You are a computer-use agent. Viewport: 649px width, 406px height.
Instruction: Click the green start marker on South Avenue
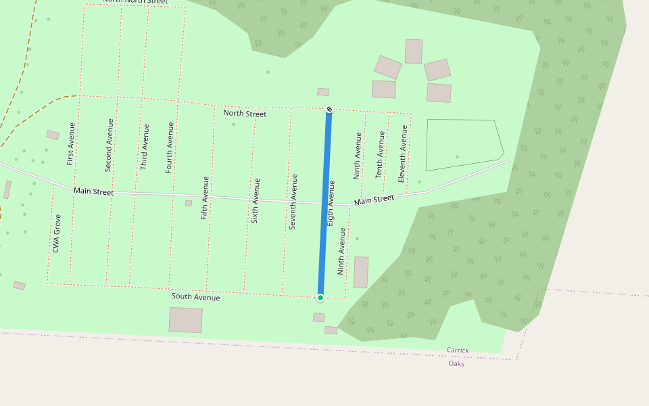coord(320,297)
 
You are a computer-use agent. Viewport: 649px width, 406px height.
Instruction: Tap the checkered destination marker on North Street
coord(329,110)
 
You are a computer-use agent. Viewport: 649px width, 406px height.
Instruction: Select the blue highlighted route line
coord(325,203)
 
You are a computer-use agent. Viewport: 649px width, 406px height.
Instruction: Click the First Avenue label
coord(71,143)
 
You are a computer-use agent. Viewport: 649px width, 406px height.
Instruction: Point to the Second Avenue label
coord(109,145)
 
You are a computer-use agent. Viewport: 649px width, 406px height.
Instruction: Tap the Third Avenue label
coord(144,146)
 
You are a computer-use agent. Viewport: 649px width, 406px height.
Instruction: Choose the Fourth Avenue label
coord(170,148)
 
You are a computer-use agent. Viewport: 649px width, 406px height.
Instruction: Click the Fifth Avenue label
coord(205,198)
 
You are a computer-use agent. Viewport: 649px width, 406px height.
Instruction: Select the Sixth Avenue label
coord(256,200)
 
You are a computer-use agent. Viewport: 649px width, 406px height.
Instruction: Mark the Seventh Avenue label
coord(293,202)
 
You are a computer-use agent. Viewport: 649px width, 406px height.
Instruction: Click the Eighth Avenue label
coord(331,203)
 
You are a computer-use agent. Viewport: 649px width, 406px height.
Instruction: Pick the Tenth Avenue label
coord(380,155)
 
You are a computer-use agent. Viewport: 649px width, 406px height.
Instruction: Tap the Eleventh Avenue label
coord(403,154)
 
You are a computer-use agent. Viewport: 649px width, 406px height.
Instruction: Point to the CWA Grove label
coord(57,233)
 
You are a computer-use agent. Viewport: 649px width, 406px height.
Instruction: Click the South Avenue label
coord(195,296)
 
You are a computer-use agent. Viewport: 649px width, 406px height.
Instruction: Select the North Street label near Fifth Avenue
coord(245,114)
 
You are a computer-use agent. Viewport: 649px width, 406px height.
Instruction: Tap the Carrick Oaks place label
coord(457,357)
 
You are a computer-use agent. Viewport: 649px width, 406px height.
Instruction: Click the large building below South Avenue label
coord(186,320)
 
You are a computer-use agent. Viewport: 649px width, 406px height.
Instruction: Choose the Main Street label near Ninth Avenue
coord(374,200)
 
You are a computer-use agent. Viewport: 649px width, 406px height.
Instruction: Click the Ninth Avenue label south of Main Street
coord(342,251)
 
